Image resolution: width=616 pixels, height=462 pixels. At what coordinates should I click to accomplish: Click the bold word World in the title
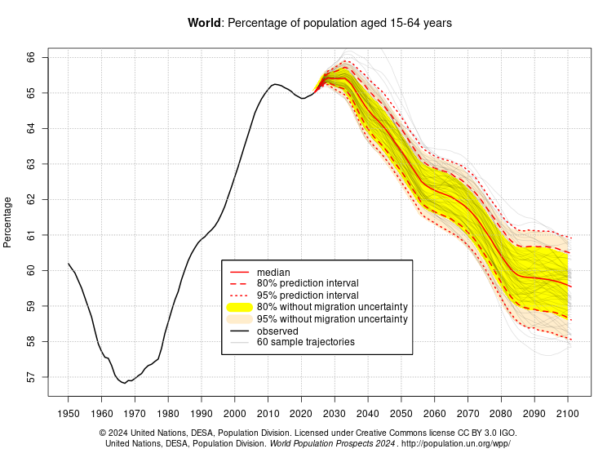[x=204, y=24]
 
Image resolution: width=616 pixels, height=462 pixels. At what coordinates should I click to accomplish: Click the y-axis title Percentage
[x=8, y=222]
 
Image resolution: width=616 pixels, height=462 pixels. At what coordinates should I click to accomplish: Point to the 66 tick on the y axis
[x=31, y=58]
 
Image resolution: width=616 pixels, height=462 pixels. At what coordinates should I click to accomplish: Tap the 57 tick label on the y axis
[x=31, y=377]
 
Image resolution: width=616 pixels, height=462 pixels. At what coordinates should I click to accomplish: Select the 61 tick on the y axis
[x=31, y=235]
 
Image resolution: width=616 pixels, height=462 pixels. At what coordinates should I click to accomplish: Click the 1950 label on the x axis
[x=68, y=414]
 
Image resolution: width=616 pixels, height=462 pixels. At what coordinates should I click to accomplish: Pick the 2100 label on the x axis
[x=568, y=414]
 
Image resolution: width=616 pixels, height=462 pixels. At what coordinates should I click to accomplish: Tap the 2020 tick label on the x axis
[x=301, y=414]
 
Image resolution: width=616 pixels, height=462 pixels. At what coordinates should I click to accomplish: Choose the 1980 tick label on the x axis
[x=168, y=414]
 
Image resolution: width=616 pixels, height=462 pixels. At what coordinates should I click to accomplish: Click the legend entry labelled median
[x=273, y=272]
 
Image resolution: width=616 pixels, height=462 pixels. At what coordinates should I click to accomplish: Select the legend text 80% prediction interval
[x=308, y=283]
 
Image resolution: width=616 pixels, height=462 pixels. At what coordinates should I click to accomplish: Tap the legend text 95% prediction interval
[x=308, y=295]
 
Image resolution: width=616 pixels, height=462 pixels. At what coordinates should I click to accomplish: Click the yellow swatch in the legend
[x=239, y=307]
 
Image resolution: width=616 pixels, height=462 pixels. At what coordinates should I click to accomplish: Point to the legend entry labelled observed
[x=277, y=331]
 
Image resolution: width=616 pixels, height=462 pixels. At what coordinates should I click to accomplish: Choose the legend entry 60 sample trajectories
[x=305, y=342]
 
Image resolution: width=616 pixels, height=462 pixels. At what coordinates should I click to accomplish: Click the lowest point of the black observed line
[x=123, y=382]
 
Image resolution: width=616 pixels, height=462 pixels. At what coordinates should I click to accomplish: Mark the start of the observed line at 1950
[x=69, y=264]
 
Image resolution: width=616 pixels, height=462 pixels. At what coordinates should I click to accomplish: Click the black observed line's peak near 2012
[x=274, y=84]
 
